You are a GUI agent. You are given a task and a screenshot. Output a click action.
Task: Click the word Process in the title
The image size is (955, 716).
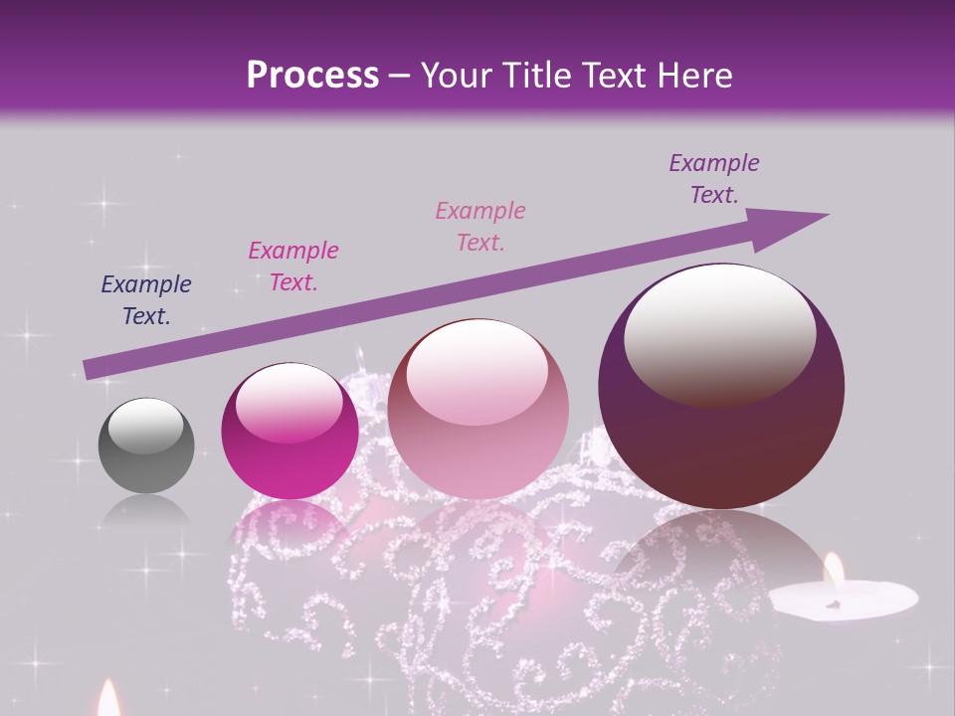[x=312, y=76]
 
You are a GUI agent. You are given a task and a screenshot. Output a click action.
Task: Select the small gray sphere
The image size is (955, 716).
[x=146, y=446]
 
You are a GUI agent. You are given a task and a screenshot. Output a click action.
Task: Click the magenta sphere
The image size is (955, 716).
[x=289, y=431]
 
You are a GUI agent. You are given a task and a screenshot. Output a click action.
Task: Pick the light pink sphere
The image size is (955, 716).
[x=477, y=409]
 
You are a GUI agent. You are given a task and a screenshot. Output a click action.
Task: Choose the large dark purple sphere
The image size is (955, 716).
[x=721, y=387]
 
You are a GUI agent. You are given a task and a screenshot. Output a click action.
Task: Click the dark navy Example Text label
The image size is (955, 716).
[x=146, y=300]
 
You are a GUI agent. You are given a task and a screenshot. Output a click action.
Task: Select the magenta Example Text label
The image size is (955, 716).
[x=293, y=267]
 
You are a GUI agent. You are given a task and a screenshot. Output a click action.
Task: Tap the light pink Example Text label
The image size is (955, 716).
[x=480, y=226]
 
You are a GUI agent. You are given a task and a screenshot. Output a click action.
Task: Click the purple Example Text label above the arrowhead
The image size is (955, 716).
[x=714, y=179]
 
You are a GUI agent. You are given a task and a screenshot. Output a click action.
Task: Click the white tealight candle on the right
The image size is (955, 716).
[x=844, y=599]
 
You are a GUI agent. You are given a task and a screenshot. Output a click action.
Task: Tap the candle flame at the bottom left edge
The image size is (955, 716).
[x=107, y=699]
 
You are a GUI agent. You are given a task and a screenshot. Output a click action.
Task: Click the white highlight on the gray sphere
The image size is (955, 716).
[x=146, y=426]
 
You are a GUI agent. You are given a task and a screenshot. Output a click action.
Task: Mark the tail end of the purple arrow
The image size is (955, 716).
[x=90, y=369]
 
